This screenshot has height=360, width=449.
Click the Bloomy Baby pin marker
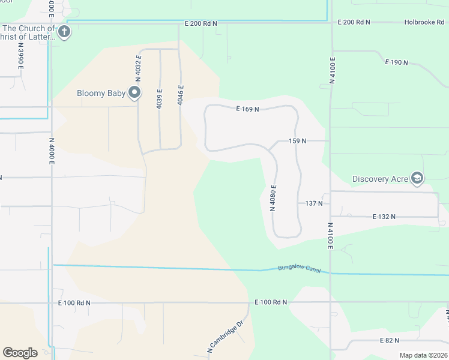point(135,92)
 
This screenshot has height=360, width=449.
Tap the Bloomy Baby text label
point(101,93)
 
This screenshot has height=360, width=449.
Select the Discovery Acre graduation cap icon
point(417,178)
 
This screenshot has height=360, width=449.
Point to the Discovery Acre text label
point(380,179)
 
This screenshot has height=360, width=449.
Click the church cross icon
point(64,32)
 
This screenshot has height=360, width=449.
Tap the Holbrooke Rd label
point(424,22)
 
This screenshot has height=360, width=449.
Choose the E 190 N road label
point(397,62)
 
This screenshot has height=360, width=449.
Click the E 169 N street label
point(247,109)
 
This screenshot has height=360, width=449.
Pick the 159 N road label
point(298,141)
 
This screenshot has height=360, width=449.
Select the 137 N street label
point(314,203)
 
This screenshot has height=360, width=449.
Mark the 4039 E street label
point(160,98)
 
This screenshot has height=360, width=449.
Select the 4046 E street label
point(180,95)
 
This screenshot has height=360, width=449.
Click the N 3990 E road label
point(20,56)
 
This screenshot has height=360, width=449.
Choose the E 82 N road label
point(390,340)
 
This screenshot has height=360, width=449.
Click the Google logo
point(20,352)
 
